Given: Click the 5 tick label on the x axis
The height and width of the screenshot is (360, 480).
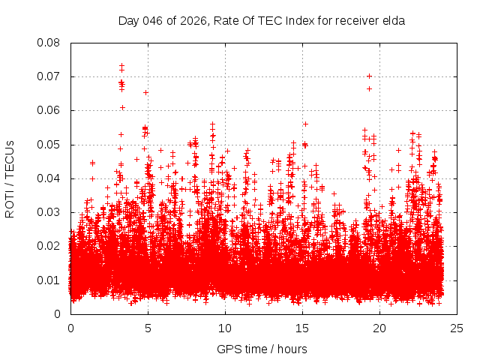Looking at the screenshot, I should coord(148,328).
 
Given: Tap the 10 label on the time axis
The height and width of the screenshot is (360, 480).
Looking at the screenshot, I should coord(225,328).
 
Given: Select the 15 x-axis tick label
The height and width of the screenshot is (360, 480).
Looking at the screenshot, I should coord(302,328).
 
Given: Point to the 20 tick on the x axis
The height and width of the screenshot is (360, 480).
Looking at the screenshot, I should coord(379,328).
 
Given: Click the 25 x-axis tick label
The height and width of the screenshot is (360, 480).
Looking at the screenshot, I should coord(457,328).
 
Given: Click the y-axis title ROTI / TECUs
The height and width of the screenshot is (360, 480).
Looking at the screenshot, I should coord(10,178).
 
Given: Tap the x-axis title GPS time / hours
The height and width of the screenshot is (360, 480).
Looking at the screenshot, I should coord(262,349).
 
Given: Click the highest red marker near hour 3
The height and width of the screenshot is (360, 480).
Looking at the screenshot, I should coord(121,65).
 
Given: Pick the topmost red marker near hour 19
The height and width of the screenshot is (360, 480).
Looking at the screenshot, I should coord(369,76).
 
